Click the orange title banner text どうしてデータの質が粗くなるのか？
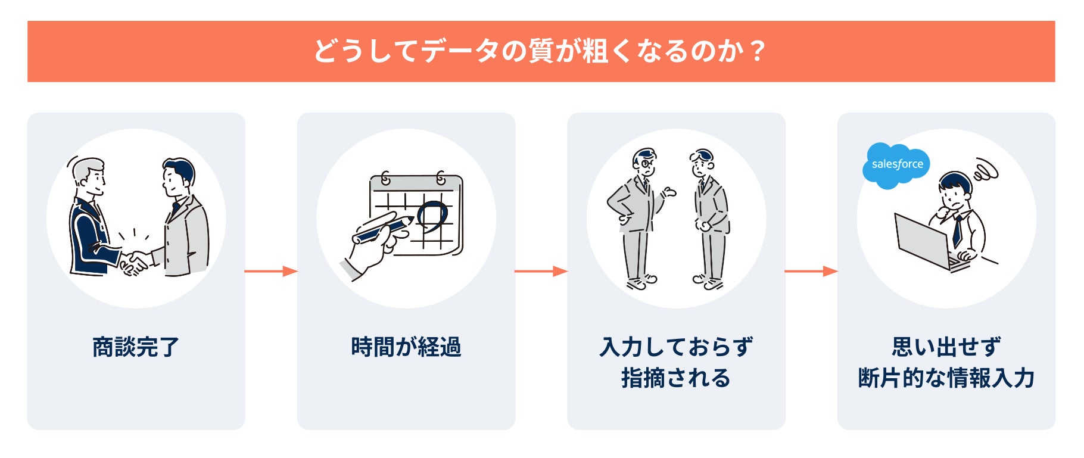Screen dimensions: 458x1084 click(x=539, y=51)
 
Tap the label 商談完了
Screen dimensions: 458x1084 click(x=136, y=347)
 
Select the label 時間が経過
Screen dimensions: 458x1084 click(x=406, y=347)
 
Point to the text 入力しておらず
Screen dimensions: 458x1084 click(x=676, y=347)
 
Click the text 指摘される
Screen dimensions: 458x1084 click(x=676, y=378)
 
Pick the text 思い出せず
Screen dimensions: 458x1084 click(x=946, y=347)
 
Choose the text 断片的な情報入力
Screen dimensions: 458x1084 click(x=946, y=378)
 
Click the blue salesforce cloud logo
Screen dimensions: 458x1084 click(x=896, y=165)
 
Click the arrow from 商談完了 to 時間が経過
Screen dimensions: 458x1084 click(x=271, y=272)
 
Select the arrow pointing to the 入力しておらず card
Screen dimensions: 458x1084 click(x=541, y=272)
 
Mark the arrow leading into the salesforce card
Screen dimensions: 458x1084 click(x=811, y=272)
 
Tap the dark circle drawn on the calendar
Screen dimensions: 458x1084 click(x=432, y=214)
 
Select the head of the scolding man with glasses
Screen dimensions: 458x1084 click(x=644, y=161)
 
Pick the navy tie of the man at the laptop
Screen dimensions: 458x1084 click(x=957, y=229)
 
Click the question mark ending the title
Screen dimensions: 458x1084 click(x=758, y=51)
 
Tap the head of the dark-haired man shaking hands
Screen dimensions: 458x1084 click(x=178, y=177)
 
